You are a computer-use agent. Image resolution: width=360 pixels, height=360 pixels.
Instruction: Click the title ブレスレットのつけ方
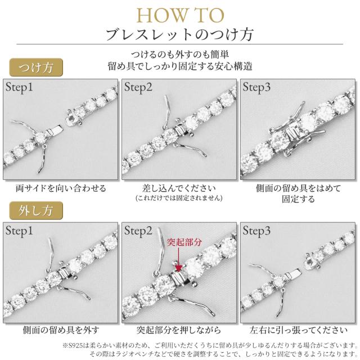(x=179, y=34)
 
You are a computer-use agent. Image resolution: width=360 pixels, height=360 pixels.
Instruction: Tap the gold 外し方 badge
(x=33, y=211)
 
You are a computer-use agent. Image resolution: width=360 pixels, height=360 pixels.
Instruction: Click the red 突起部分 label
(x=184, y=242)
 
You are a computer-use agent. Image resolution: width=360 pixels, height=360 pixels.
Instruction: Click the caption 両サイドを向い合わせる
(x=61, y=187)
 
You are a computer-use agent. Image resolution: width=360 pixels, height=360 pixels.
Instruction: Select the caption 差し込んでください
(x=179, y=187)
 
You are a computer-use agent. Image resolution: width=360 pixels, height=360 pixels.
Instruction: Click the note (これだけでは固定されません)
(x=179, y=198)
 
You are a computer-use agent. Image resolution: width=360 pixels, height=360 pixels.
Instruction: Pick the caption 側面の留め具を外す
(x=61, y=330)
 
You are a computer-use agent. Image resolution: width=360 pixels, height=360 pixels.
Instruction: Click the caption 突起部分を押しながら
(x=179, y=330)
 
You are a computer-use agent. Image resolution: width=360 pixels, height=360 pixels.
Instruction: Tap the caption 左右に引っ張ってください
(x=298, y=330)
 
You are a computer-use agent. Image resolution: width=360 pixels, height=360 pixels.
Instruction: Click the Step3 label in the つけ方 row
(x=257, y=88)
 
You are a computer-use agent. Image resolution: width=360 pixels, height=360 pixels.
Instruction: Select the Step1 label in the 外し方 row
(x=20, y=231)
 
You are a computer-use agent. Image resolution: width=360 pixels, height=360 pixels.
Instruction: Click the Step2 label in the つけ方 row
(x=138, y=88)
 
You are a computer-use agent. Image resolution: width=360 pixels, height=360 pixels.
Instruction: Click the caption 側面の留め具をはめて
(x=298, y=187)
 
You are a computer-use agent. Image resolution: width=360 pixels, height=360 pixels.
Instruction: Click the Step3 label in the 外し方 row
(x=257, y=231)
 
